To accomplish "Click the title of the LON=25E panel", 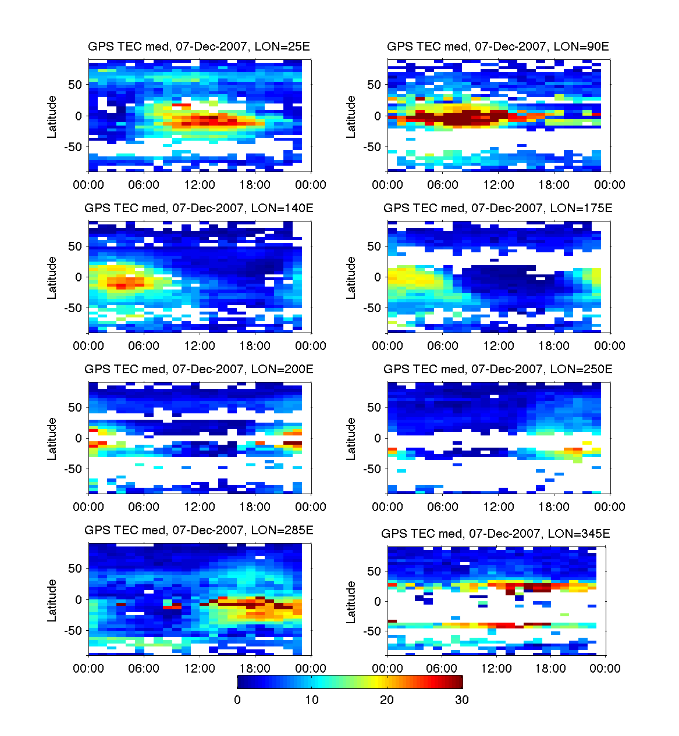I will click(199, 47).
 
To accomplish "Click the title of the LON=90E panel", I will click(498, 47).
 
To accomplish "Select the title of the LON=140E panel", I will click(199, 208).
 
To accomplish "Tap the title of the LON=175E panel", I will click(498, 208).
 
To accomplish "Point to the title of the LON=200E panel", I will click(199, 369).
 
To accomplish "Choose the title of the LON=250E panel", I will click(498, 369).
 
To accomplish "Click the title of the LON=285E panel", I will click(199, 530).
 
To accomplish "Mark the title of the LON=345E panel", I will click(496, 534).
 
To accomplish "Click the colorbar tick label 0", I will click(237, 700).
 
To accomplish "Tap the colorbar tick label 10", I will click(312, 700).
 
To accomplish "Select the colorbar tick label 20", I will click(387, 700).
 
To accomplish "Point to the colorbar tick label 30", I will click(462, 700).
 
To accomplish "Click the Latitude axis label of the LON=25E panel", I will click(52, 117).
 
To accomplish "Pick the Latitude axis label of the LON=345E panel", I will click(351, 602).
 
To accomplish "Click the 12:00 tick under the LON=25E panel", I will click(200, 185).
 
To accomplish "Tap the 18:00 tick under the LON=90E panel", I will click(554, 185).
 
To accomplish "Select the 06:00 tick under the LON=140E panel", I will click(144, 346).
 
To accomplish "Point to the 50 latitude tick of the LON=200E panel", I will click(75, 408).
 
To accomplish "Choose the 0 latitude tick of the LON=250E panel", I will click(378, 438).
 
